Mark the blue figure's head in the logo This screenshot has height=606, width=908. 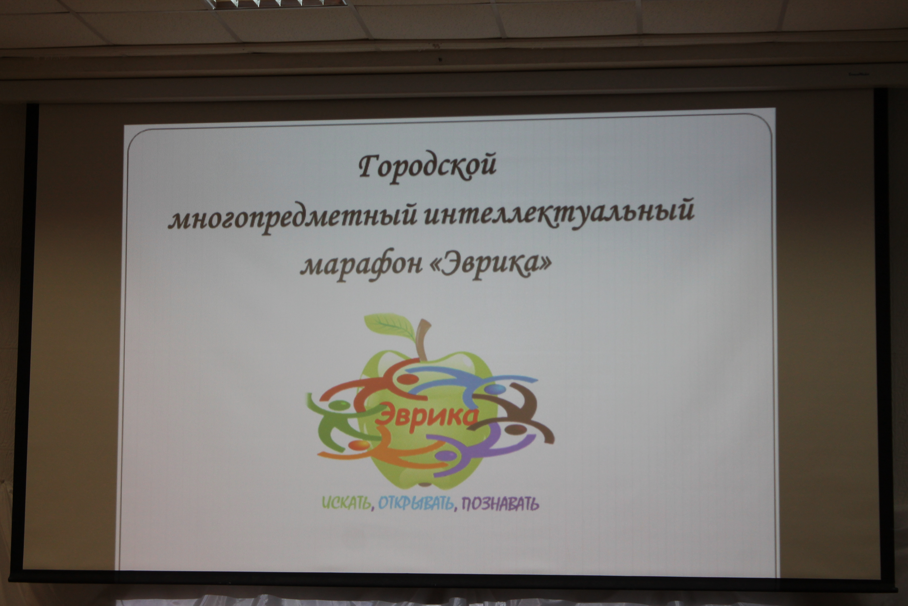[495, 388]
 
